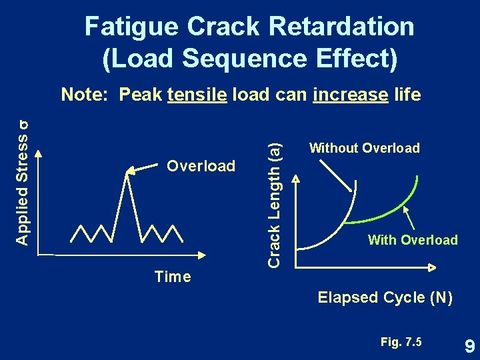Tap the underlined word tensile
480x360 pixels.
click(198, 95)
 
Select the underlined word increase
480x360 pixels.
click(350, 95)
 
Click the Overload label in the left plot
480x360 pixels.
click(201, 165)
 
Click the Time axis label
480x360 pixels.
click(172, 277)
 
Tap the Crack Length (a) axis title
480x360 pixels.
click(274, 201)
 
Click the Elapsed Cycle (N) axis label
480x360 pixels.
click(385, 297)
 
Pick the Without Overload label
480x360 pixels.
click(364, 148)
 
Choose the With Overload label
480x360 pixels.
click(413, 240)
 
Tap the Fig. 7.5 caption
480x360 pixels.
click(401, 342)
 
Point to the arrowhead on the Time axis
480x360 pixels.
click(199, 255)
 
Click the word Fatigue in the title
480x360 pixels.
click(131, 27)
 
